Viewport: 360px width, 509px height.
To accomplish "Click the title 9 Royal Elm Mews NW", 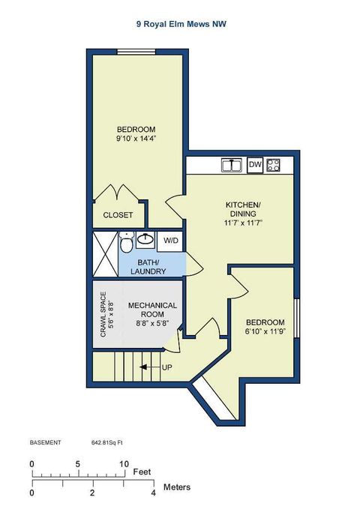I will pyautogui.click(x=181, y=24).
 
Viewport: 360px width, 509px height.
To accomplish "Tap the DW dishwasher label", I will pyautogui.click(x=255, y=165).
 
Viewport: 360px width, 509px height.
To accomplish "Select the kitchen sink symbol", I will pyautogui.click(x=230, y=165).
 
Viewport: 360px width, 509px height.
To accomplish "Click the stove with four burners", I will pyautogui.click(x=274, y=165).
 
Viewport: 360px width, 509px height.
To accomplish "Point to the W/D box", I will pyautogui.click(x=172, y=241).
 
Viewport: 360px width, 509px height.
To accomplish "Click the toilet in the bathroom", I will pyautogui.click(x=127, y=243).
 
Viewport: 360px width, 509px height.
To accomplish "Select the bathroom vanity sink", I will pyautogui.click(x=145, y=240).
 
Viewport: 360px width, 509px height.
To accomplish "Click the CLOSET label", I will pyautogui.click(x=118, y=215).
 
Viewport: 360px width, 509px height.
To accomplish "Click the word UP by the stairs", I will pyautogui.click(x=167, y=367).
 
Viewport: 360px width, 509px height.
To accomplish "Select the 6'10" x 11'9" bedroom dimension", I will pyautogui.click(x=265, y=331).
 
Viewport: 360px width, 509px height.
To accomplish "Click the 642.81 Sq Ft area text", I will pyautogui.click(x=107, y=442).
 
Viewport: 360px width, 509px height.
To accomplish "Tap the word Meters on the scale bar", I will pyautogui.click(x=176, y=487).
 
